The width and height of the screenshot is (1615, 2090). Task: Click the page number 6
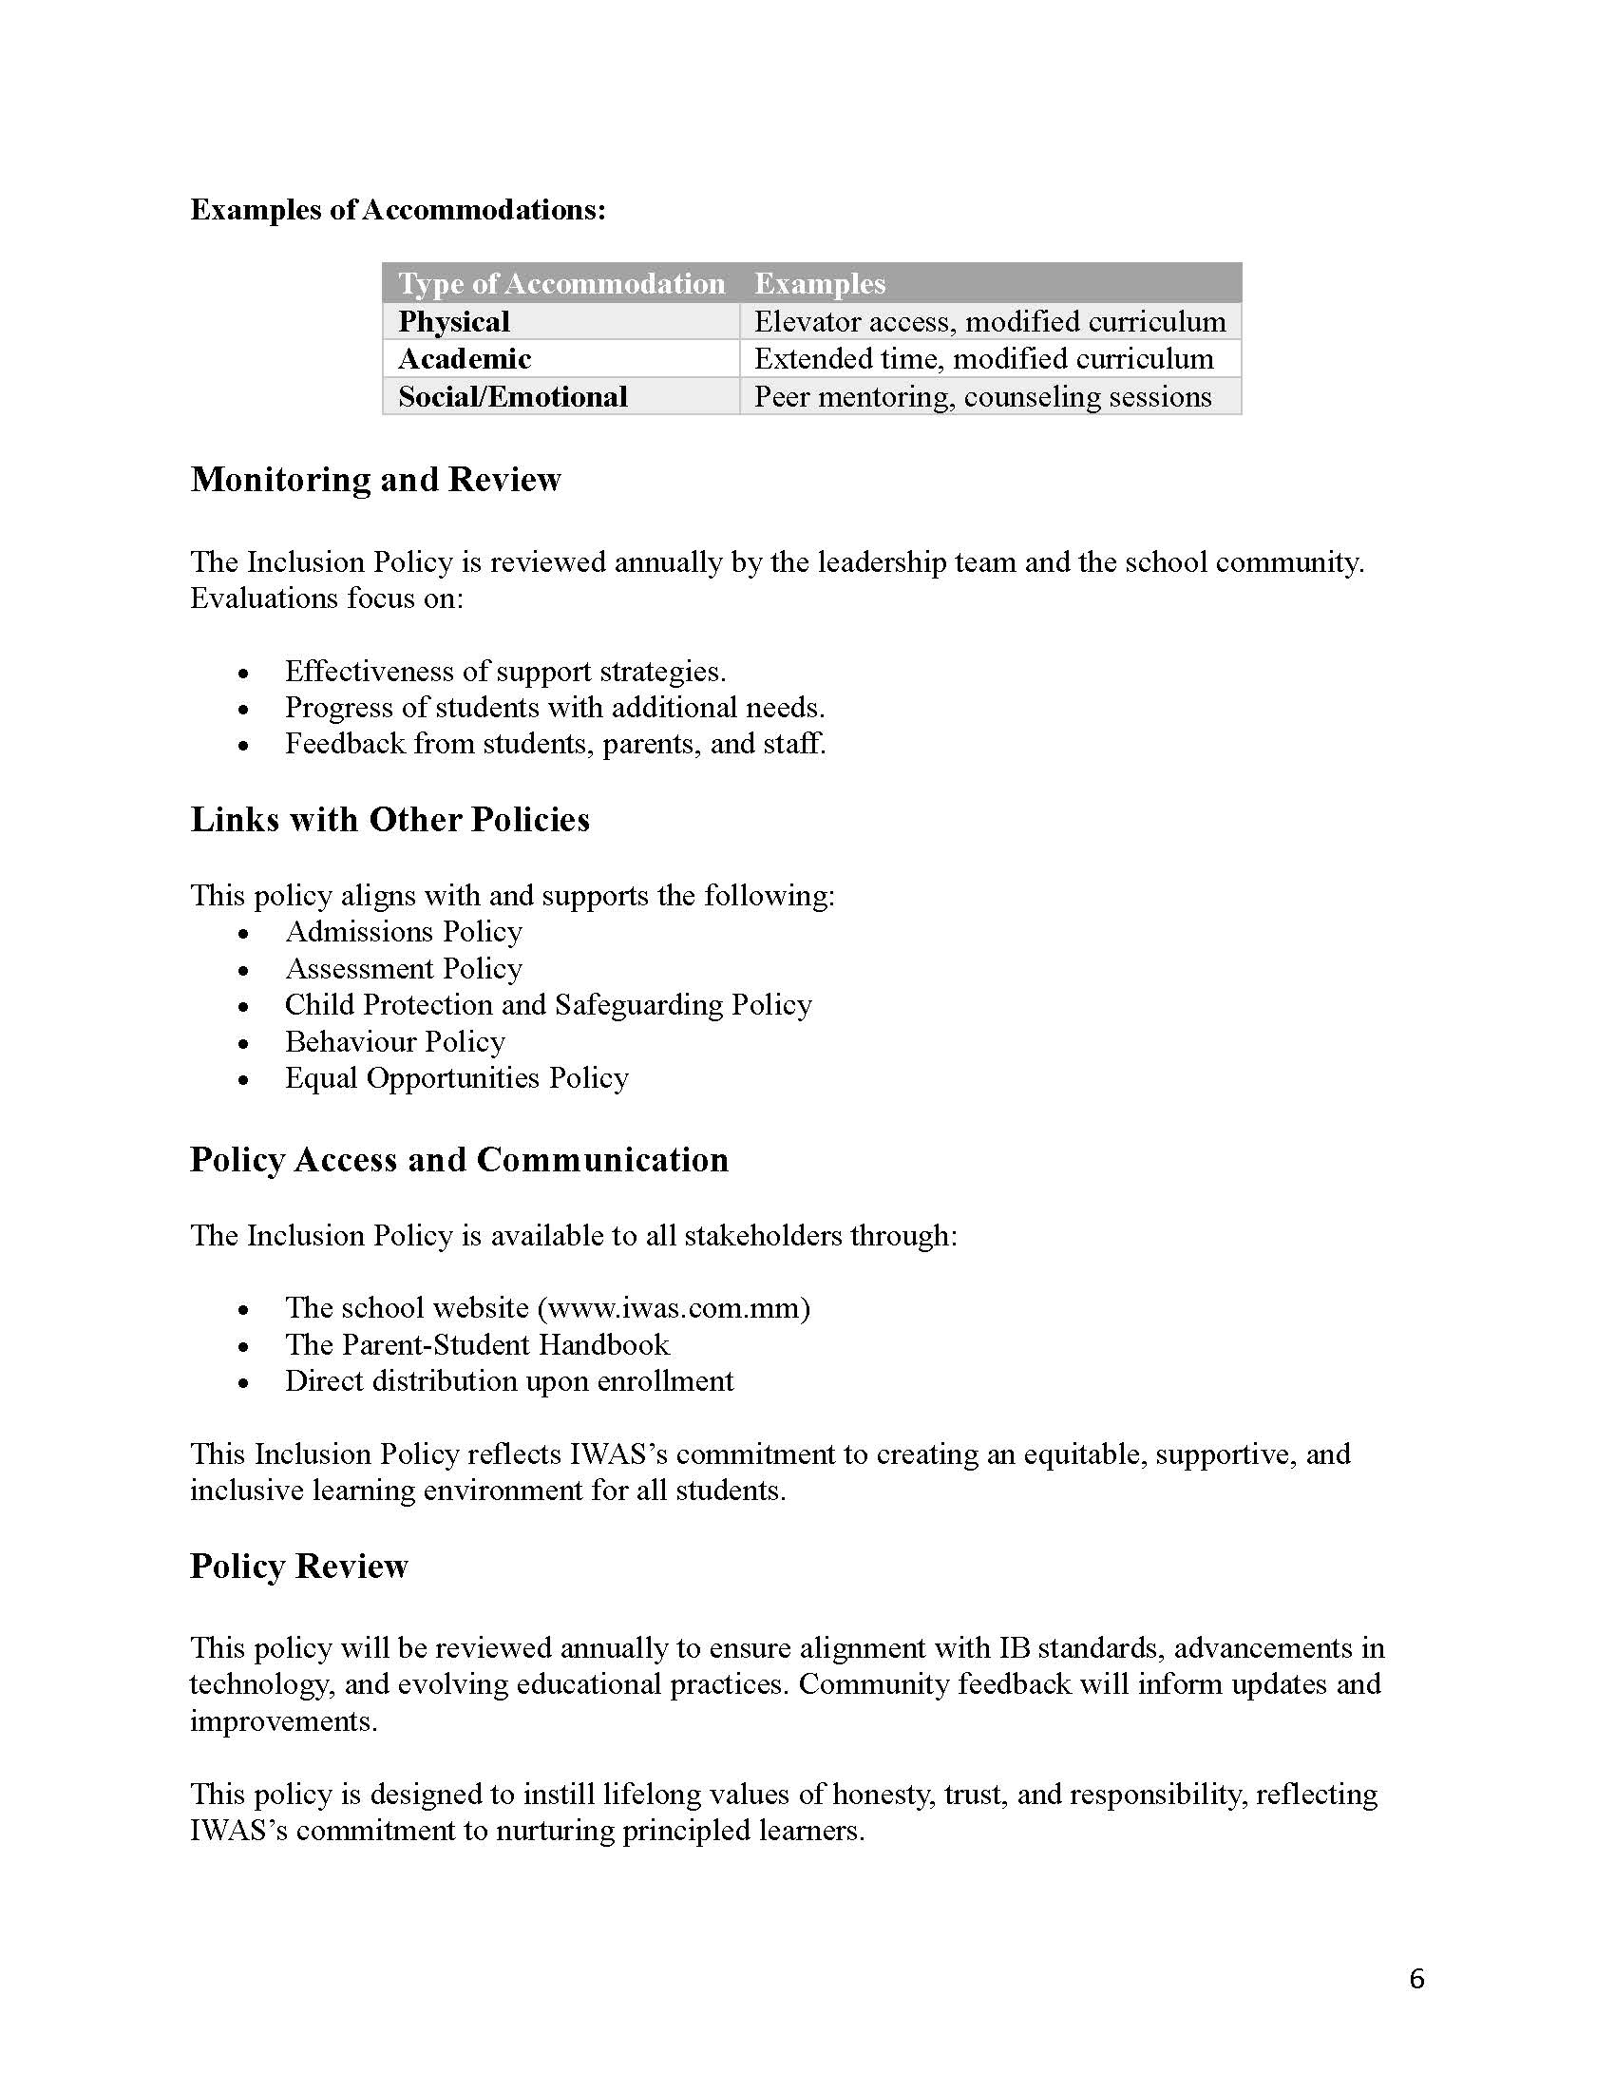click(x=1417, y=1978)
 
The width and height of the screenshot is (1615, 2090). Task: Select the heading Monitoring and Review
click(x=375, y=480)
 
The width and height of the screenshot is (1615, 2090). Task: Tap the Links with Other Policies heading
click(x=389, y=820)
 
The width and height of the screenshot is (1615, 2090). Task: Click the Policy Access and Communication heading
click(x=459, y=1160)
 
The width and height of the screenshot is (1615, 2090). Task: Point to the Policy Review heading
click(x=298, y=1567)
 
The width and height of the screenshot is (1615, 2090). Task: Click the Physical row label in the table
click(x=453, y=321)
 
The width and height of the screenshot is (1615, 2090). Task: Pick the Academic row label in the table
click(x=464, y=359)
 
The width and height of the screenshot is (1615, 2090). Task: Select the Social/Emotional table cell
click(x=513, y=396)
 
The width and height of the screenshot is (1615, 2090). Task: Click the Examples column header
click(x=820, y=283)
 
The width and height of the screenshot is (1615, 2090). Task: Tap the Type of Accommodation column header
click(x=561, y=283)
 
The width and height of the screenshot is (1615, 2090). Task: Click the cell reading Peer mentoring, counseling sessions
click(x=982, y=396)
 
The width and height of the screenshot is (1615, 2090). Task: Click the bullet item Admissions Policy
click(x=404, y=932)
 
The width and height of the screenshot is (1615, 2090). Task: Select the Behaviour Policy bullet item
click(x=394, y=1042)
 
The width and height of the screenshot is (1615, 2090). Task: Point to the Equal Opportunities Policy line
click(x=456, y=1078)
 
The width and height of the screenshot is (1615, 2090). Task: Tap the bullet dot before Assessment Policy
click(x=244, y=970)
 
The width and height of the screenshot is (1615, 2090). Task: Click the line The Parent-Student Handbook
click(x=477, y=1345)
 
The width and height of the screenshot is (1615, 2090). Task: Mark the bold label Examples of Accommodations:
click(x=398, y=210)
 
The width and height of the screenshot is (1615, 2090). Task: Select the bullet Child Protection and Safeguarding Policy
click(x=548, y=1005)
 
